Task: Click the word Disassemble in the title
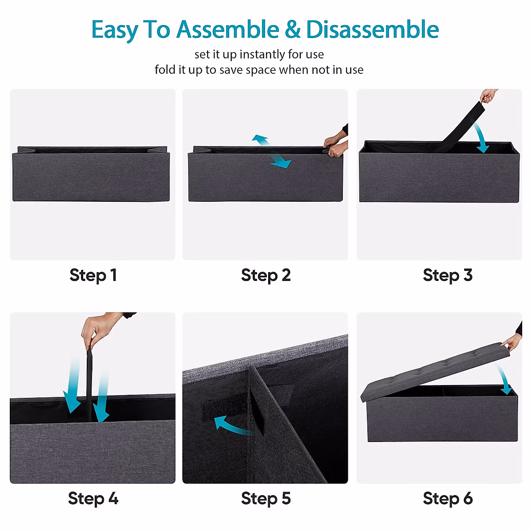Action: [372, 30]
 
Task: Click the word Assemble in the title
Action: [227, 30]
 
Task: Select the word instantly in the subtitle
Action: [262, 54]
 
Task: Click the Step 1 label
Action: [93, 275]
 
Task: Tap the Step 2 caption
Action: [265, 275]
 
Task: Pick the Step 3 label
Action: [447, 275]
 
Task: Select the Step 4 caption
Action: [93, 498]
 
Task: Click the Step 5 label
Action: [265, 498]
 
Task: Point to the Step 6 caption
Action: [447, 498]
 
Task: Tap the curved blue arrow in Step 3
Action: [481, 139]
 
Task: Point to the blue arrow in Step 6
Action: [506, 381]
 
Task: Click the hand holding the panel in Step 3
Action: [489, 95]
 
